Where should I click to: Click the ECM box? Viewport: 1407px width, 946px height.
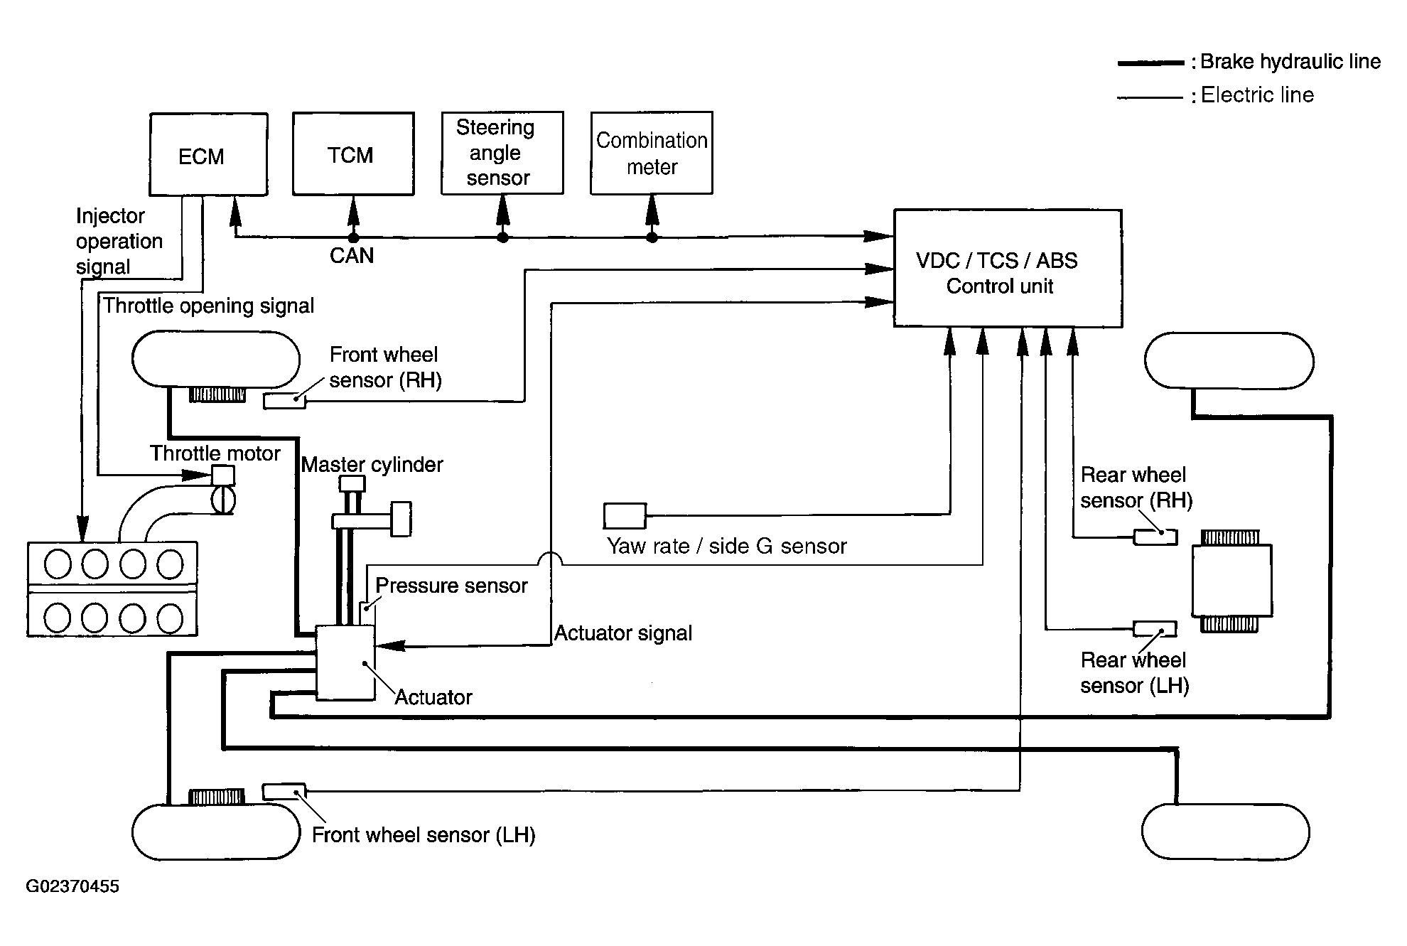[x=208, y=154]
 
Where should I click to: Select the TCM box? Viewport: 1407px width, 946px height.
[x=353, y=154]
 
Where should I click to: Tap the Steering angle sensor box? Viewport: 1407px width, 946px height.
[x=502, y=153]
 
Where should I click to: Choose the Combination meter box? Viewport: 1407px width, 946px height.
[x=651, y=153]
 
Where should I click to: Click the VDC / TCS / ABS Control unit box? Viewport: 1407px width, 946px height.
[x=1007, y=269]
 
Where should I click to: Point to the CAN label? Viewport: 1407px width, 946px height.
[x=352, y=255]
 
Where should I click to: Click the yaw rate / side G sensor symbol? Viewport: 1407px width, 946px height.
[x=625, y=516]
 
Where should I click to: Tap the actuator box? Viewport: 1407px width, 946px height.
[x=345, y=662]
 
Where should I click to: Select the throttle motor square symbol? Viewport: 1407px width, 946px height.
[x=223, y=475]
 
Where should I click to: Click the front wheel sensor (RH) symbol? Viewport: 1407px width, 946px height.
[x=284, y=401]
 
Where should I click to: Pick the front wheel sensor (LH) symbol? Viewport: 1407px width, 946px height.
[x=284, y=791]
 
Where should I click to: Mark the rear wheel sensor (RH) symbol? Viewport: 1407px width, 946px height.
[x=1155, y=537]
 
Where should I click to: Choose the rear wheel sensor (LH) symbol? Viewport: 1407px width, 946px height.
[x=1155, y=629]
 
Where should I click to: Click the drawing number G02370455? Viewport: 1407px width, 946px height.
[x=72, y=886]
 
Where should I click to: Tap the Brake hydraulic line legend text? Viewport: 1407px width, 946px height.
[x=1290, y=62]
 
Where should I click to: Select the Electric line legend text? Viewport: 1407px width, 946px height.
[x=1257, y=95]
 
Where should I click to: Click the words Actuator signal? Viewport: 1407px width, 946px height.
[x=623, y=633]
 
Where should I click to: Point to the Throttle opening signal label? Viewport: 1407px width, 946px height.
[x=208, y=306]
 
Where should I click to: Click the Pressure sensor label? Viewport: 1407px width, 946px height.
[x=451, y=586]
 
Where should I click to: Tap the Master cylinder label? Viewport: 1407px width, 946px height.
[x=372, y=465]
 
